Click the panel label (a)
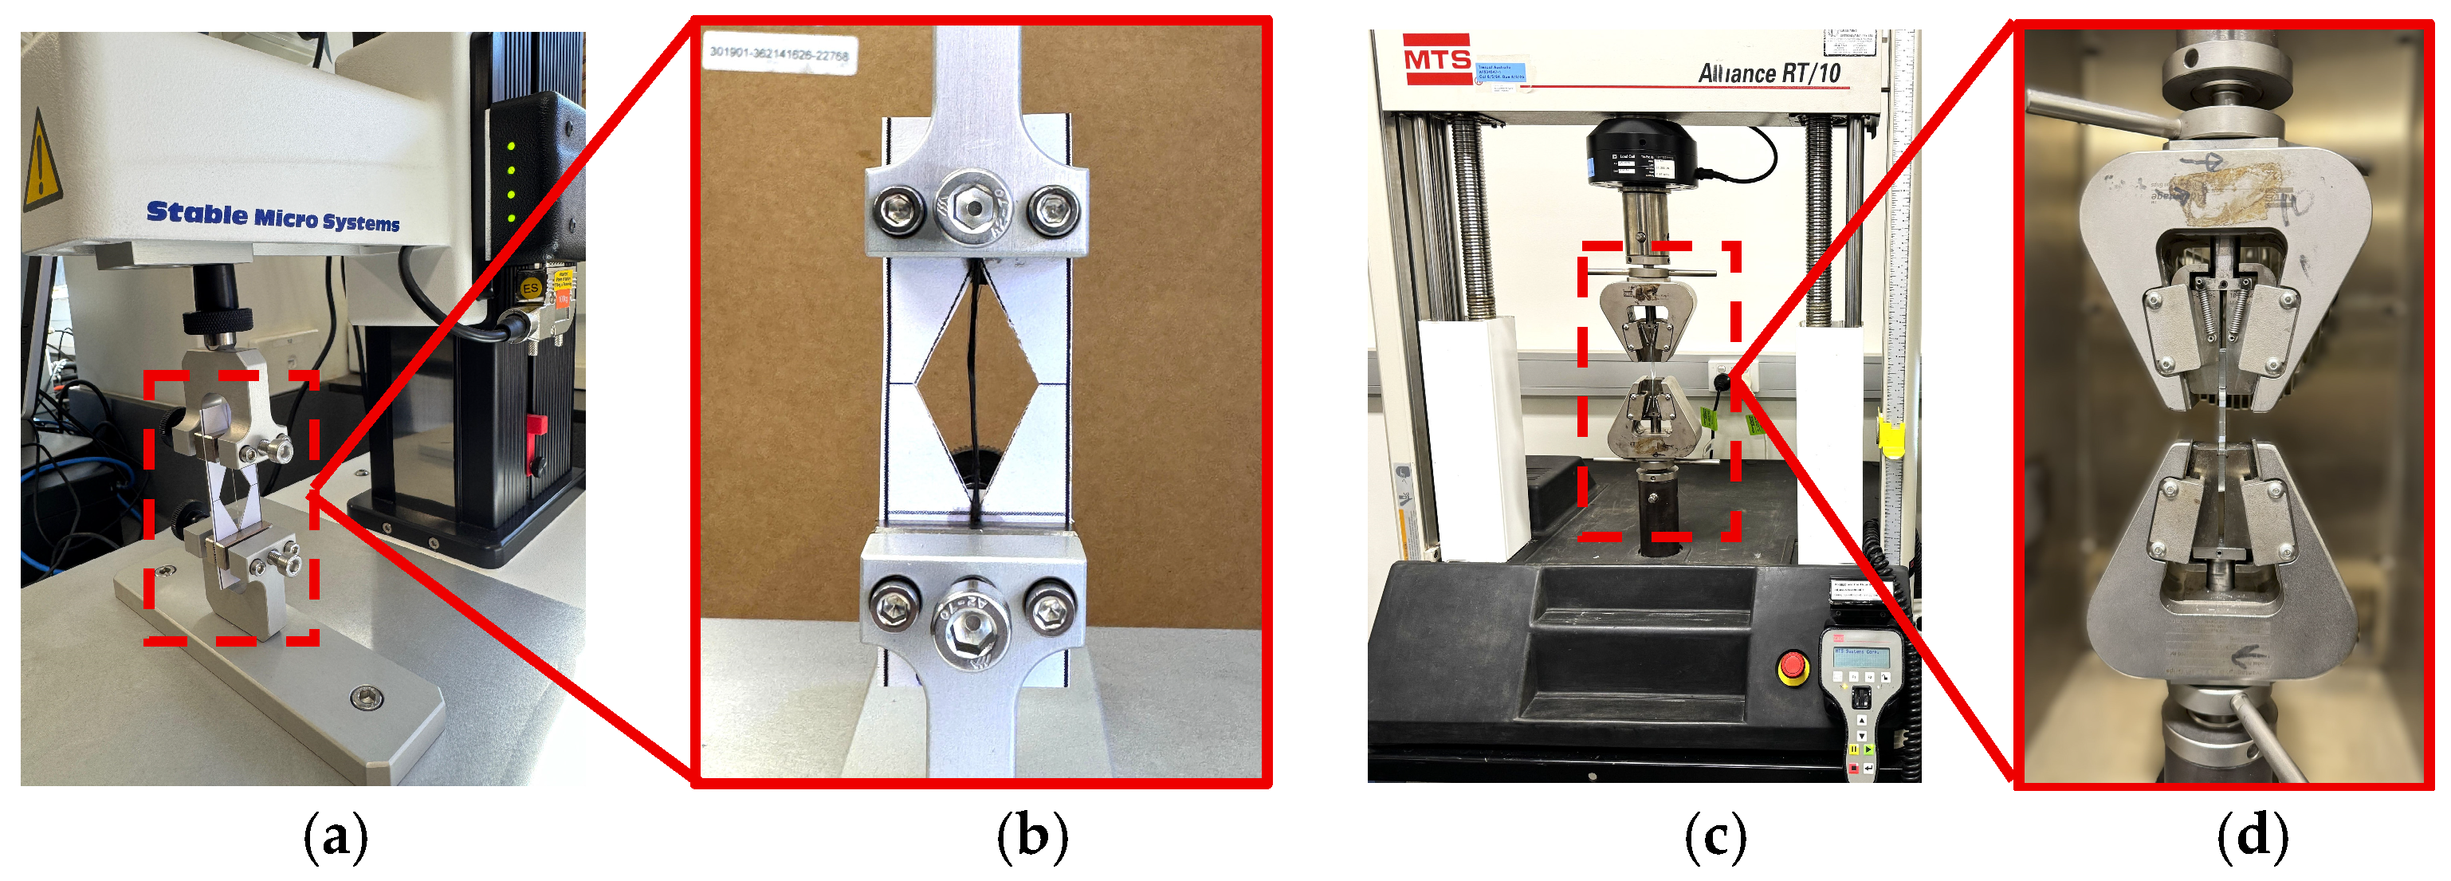click(x=335, y=837)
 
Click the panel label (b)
click(x=1032, y=837)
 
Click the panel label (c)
click(x=1715, y=837)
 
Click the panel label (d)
click(x=2253, y=837)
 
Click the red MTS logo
click(x=1437, y=59)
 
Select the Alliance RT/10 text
click(x=1769, y=73)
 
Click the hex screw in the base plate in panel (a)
click(x=367, y=699)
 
